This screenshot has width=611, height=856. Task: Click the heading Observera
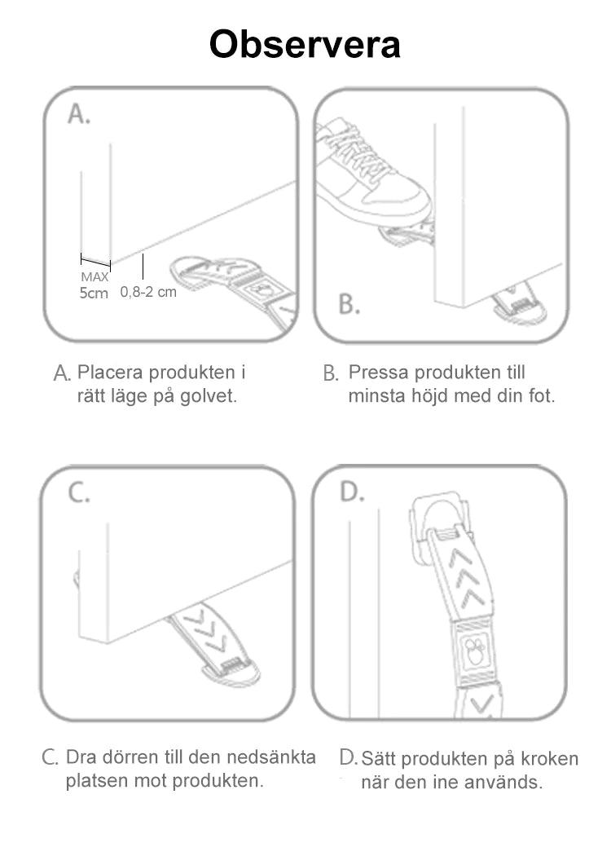tap(305, 44)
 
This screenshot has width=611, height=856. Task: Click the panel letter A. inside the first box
tap(79, 115)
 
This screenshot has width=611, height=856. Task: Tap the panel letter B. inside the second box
tap(349, 305)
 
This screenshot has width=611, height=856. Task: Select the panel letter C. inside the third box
tap(78, 493)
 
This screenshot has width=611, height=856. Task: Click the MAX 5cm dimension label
tap(94, 285)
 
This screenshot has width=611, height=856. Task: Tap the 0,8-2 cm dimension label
tap(148, 292)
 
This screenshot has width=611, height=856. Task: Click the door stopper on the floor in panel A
tap(236, 285)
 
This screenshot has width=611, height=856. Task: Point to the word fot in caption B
tap(538, 397)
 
